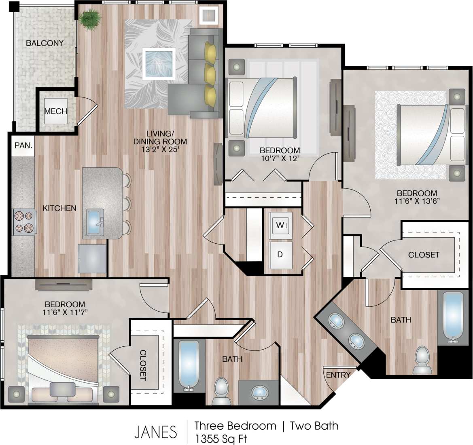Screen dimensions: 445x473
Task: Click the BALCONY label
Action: click(x=45, y=43)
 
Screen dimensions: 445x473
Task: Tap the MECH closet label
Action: click(x=55, y=111)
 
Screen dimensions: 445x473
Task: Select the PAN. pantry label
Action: click(x=23, y=145)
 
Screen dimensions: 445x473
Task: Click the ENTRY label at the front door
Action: click(x=338, y=375)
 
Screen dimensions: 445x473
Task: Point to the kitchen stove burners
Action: click(x=24, y=222)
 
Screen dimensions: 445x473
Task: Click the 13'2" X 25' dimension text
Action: click(x=160, y=150)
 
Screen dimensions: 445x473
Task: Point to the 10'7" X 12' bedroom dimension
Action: click(x=280, y=158)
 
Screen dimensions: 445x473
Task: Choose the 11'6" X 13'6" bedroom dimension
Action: click(x=417, y=201)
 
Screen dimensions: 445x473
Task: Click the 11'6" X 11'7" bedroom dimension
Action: click(x=65, y=312)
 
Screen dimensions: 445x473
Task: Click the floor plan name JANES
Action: click(x=155, y=432)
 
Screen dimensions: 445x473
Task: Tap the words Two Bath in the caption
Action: click(x=314, y=426)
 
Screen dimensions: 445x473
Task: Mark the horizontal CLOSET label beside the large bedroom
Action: click(x=423, y=255)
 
